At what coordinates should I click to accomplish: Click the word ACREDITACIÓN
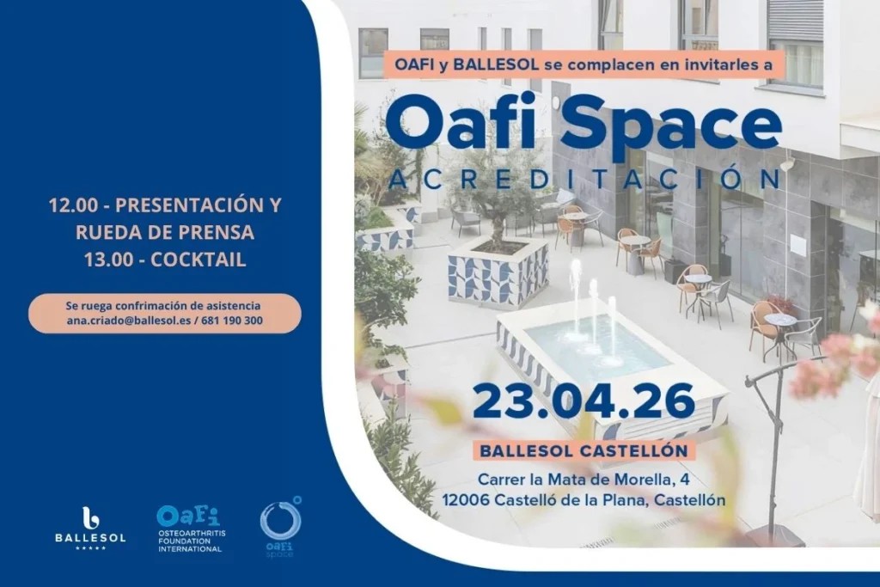(584, 179)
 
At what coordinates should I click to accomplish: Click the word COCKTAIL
(199, 260)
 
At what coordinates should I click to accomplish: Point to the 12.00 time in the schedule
(70, 206)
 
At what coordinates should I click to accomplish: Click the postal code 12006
(467, 498)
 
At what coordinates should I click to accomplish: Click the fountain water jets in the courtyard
(594, 309)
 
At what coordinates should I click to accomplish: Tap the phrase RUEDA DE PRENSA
(165, 233)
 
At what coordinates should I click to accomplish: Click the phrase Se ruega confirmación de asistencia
(163, 306)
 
